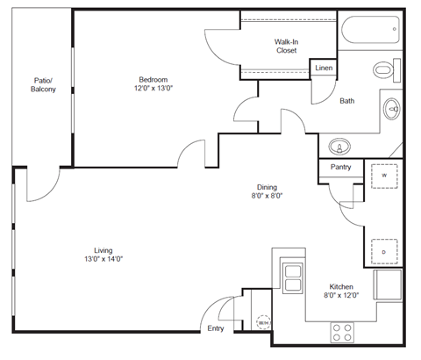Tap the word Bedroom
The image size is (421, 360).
(153, 78)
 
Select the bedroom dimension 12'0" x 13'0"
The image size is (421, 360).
(153, 89)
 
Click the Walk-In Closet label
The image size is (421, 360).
(287, 46)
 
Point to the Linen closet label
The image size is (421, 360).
(324, 68)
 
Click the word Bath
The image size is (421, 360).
(347, 101)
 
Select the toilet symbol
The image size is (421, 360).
(384, 69)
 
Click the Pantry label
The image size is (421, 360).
(341, 168)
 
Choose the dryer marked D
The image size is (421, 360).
(384, 252)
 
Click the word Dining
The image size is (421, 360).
(267, 187)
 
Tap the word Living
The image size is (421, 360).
(105, 249)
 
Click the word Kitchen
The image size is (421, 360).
(341, 287)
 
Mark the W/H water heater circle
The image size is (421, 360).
(262, 323)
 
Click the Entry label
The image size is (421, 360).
(216, 329)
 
